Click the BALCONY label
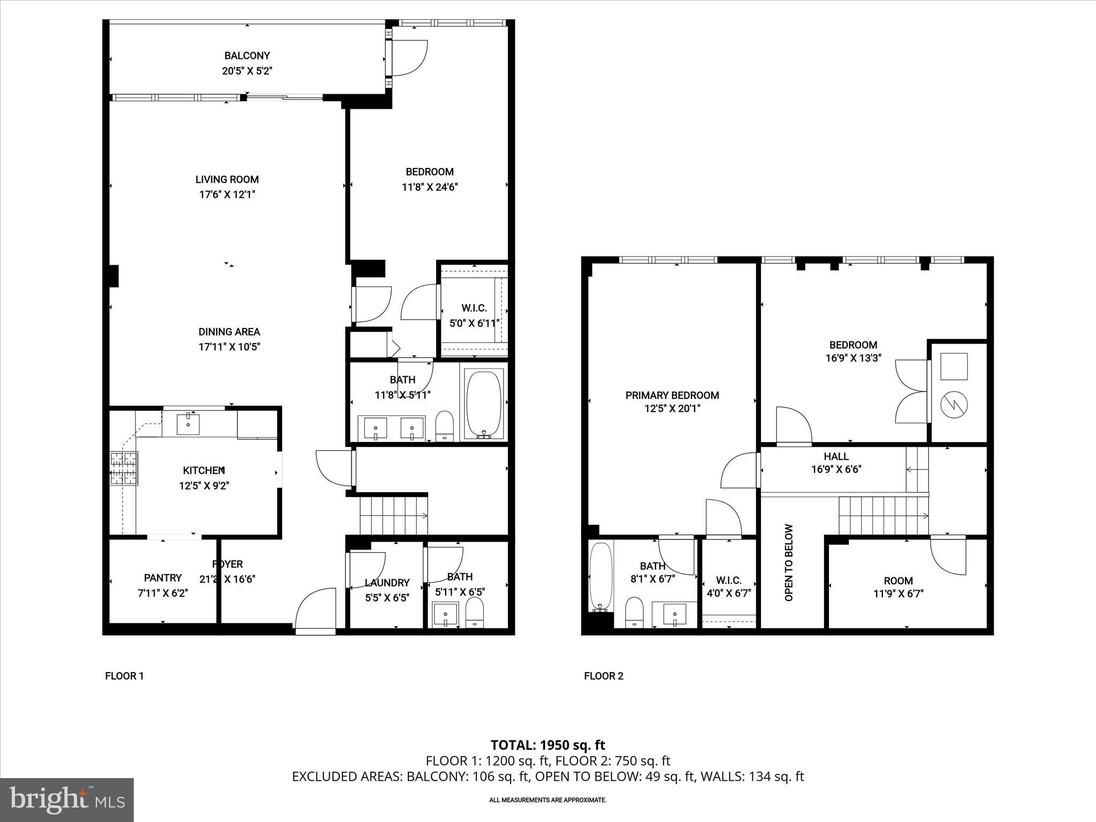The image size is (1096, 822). (x=247, y=56)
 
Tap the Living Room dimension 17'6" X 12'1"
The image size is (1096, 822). (x=227, y=195)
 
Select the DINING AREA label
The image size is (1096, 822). (x=229, y=332)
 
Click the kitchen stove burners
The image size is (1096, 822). (x=124, y=469)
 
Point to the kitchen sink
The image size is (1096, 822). (x=188, y=424)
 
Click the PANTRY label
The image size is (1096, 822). (x=163, y=578)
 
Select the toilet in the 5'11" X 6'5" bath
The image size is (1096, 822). (x=474, y=612)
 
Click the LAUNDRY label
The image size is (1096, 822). (x=387, y=583)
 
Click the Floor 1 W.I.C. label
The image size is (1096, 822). (x=474, y=308)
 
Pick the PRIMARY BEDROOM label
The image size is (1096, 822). (x=672, y=395)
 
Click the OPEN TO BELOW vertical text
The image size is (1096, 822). (x=789, y=562)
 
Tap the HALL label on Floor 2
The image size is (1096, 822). (x=836, y=456)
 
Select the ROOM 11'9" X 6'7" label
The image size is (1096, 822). (x=898, y=581)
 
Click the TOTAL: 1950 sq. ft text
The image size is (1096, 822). (x=548, y=745)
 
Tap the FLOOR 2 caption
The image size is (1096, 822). (x=604, y=676)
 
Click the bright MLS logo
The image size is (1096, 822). (x=67, y=800)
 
